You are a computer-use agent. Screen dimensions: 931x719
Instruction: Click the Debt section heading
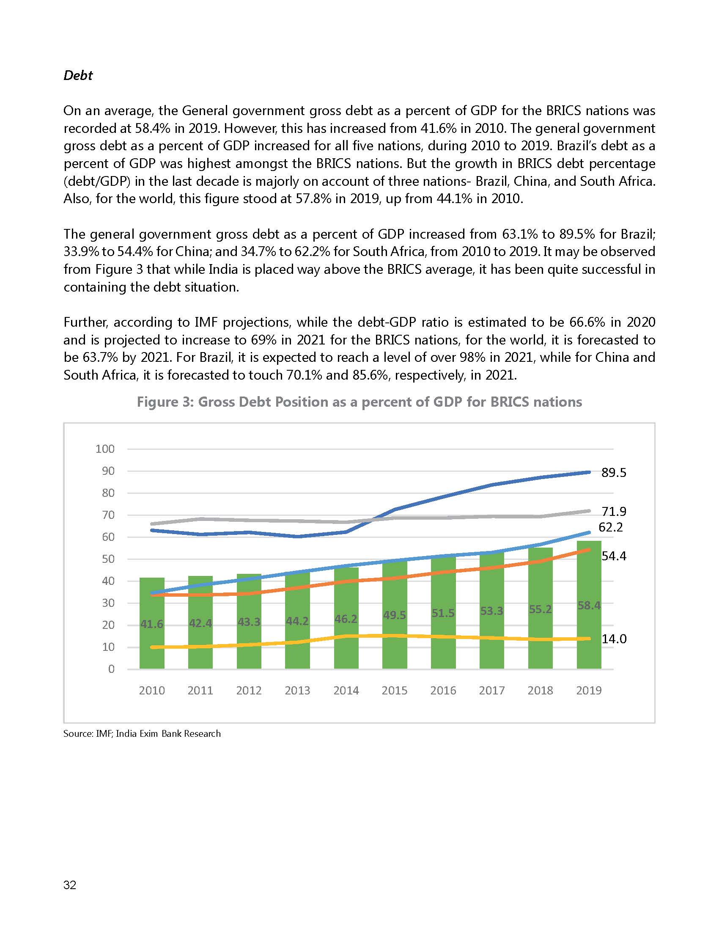(x=78, y=75)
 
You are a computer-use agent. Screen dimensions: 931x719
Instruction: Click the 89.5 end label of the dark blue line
(x=613, y=473)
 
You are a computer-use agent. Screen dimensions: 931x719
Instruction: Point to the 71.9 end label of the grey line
(x=613, y=511)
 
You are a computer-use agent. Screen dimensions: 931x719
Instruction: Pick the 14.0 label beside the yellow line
(x=613, y=639)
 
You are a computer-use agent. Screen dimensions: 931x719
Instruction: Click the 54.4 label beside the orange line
(x=613, y=556)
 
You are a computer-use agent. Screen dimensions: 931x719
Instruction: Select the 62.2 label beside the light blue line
(x=610, y=527)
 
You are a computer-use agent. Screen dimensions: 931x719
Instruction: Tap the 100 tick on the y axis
(x=105, y=449)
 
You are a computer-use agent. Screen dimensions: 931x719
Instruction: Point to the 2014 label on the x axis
(x=346, y=691)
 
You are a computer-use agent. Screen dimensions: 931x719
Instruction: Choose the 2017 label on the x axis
(x=491, y=691)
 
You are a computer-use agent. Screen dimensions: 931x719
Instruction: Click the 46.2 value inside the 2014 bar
(x=346, y=619)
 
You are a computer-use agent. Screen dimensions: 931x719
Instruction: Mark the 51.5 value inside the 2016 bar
(x=443, y=613)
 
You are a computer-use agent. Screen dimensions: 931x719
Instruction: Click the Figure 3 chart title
(x=359, y=402)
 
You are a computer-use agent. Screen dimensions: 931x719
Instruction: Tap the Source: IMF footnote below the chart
(x=142, y=734)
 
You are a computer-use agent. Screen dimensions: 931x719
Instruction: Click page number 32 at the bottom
(x=70, y=885)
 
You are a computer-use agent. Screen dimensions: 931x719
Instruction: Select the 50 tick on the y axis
(x=108, y=559)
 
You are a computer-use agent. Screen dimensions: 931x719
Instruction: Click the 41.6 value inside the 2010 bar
(x=152, y=624)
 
